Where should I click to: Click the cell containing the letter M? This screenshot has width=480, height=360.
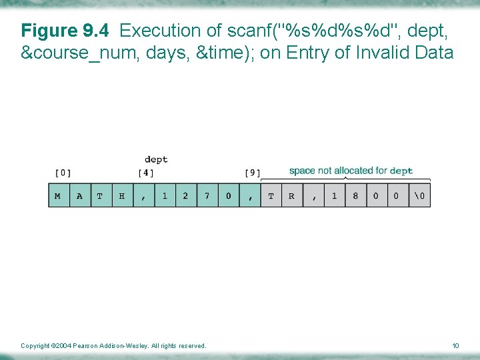click(x=59, y=196)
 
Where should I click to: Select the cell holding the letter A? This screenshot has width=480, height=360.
click(x=80, y=196)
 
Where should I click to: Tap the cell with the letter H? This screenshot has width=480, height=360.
click(x=122, y=196)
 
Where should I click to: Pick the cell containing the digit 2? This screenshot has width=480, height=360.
click(x=185, y=196)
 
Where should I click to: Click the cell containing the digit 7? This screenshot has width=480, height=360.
click(x=207, y=196)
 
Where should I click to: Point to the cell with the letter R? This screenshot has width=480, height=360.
click(x=292, y=196)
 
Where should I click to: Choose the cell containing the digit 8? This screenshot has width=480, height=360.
click(x=355, y=196)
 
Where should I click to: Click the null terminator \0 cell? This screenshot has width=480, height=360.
click(x=419, y=196)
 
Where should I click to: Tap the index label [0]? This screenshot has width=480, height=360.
click(x=62, y=173)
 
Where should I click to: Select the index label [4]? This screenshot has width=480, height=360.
click(x=146, y=173)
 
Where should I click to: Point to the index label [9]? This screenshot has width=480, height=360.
click(x=252, y=173)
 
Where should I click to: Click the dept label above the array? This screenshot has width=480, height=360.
click(x=156, y=159)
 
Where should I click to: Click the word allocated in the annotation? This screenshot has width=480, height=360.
click(x=354, y=171)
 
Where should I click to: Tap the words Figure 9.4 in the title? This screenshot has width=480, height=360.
click(x=59, y=31)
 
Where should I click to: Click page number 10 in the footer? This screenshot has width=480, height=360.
click(x=456, y=345)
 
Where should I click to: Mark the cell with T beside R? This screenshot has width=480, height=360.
click(x=271, y=196)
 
